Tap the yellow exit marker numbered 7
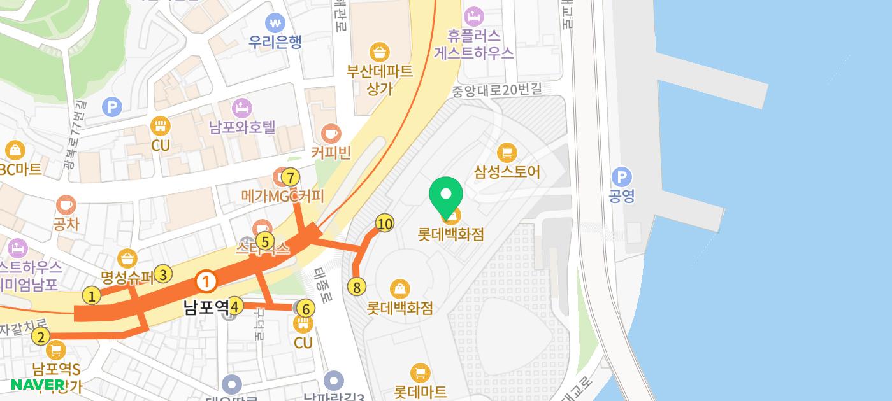tap(290, 177)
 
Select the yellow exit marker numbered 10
tap(384, 223)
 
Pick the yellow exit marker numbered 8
tap(357, 287)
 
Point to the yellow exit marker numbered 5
tap(264, 241)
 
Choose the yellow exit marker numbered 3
tap(163, 274)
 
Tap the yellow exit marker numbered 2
tap(41, 337)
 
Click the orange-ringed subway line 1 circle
tap(206, 281)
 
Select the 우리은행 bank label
tap(275, 42)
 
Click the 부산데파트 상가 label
tap(380, 79)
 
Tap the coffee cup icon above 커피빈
tap(331, 133)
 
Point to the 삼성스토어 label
tap(507, 172)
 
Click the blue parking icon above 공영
tap(621, 176)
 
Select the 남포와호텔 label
tap(242, 127)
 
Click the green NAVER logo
tap(38, 384)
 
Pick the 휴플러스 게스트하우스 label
tap(474, 44)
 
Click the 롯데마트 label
tap(421, 391)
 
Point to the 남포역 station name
tap(206, 308)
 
